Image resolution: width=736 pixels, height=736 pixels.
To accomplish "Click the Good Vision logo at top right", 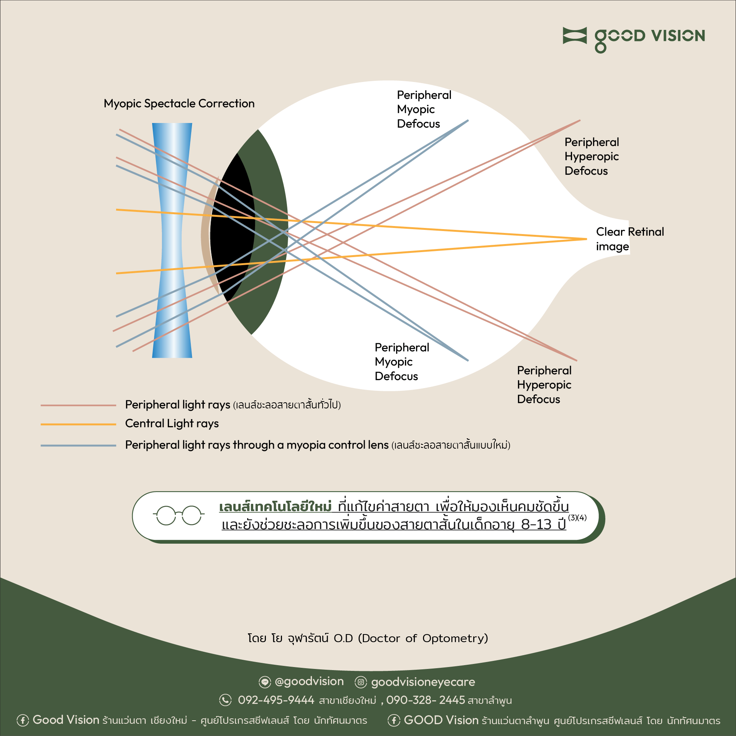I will pos(634,38).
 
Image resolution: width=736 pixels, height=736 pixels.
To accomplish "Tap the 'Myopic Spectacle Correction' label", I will pos(179,103).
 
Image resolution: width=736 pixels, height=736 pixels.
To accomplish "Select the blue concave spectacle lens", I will pos(172,240).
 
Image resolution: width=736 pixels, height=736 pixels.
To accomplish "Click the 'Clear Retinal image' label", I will pos(629,239).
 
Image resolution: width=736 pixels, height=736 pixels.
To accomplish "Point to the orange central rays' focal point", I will pos(586,239).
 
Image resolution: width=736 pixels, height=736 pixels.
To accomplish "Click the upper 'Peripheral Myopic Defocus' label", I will pos(424,109).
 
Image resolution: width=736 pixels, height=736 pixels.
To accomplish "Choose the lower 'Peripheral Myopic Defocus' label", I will pos(402,362).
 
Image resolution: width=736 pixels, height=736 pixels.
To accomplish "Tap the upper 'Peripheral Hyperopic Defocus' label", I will pos(591,156).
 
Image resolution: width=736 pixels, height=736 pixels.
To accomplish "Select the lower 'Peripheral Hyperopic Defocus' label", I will pos(544,385).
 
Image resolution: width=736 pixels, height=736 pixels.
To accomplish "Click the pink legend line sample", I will pos(78,405).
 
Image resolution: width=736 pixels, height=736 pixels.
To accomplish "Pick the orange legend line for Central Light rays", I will pos(78,424).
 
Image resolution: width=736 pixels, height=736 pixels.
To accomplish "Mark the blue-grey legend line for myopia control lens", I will pos(78,446).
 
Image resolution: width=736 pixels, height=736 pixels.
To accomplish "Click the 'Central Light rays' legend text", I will pos(172,423).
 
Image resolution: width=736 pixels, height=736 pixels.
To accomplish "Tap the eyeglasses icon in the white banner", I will pos(179,515).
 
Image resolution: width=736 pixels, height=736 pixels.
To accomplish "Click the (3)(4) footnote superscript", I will pos(577,518).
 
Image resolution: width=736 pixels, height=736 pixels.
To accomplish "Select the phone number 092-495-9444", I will pos(276,700).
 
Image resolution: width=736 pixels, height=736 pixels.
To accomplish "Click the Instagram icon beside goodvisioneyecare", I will pos(361,682).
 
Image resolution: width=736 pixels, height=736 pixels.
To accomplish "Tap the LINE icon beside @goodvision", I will pos(264,682).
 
